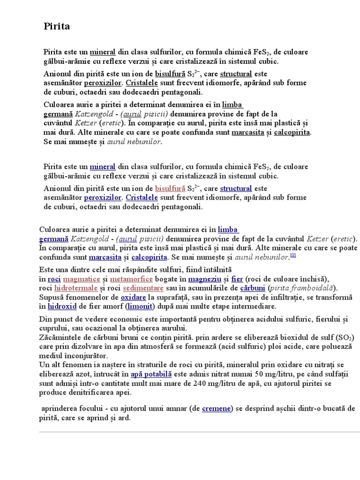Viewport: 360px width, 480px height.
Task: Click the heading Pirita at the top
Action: pos(57,27)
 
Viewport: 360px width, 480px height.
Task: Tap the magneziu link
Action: pos(202,278)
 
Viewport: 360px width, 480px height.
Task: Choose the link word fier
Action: pos(237,278)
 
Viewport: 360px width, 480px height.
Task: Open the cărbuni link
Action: pos(253,288)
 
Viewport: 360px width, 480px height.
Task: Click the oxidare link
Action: pos(133,297)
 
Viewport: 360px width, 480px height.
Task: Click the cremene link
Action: pos(216,408)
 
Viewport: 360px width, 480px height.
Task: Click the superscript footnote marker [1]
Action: pos(293,255)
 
